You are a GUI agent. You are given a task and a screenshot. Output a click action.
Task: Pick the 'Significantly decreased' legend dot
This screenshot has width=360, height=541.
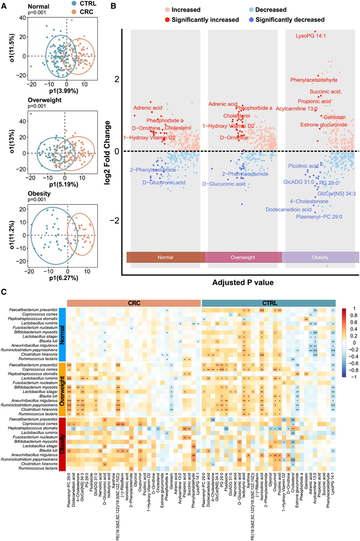(250, 19)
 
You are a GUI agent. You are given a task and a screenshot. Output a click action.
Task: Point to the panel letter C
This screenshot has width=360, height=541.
(4, 292)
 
